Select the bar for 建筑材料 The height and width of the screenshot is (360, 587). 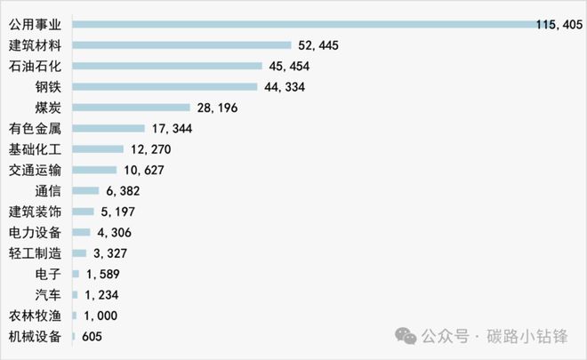181,44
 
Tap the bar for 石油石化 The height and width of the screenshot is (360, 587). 167,66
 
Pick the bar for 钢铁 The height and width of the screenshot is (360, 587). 165,86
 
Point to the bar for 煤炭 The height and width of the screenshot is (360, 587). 132,107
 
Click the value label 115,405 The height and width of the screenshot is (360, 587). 559,24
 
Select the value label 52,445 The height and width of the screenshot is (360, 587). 318,44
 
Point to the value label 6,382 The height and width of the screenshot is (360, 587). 123,190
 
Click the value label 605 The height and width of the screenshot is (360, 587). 90,336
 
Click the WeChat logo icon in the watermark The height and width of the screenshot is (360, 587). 406,336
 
